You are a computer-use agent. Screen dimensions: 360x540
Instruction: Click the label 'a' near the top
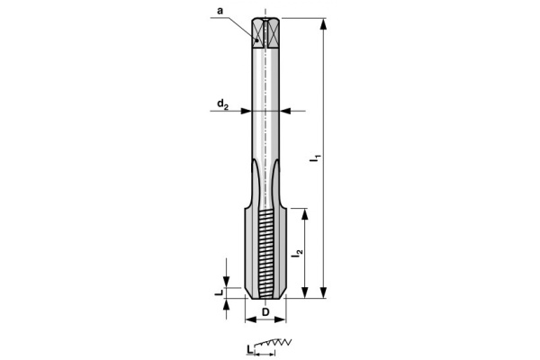pos(220,10)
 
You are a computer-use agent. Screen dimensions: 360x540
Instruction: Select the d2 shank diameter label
pos(220,104)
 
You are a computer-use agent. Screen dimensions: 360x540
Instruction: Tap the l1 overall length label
pos(314,159)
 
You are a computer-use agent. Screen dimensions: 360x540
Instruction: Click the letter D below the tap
pos(265,311)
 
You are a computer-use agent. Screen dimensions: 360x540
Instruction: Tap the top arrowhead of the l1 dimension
pos(323,22)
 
